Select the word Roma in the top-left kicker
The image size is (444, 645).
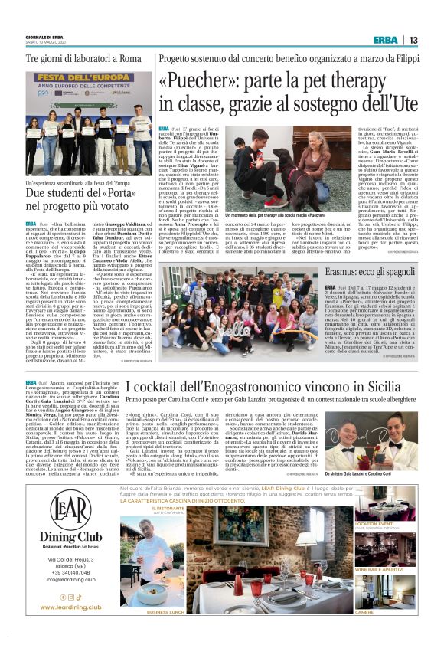coord(130,58)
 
